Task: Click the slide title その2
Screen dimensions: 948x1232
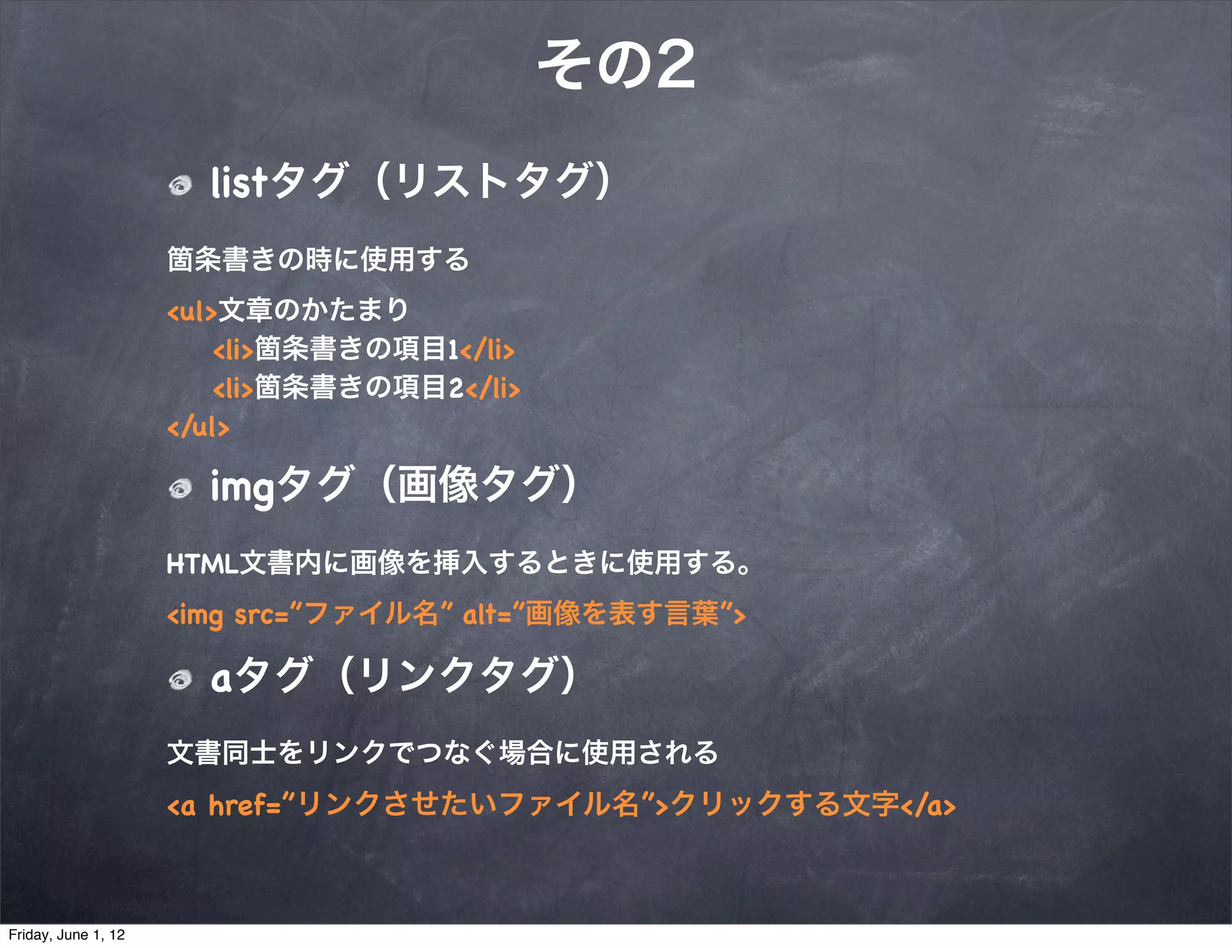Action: point(616,64)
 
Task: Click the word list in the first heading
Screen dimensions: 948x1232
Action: point(238,182)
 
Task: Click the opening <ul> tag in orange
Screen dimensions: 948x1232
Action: point(192,312)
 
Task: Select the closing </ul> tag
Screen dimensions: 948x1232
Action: point(198,427)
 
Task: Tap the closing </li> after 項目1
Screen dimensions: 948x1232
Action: point(487,350)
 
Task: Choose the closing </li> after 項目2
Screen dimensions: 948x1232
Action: point(493,388)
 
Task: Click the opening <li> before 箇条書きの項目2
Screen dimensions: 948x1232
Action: point(233,389)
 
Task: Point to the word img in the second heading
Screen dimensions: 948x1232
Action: point(242,487)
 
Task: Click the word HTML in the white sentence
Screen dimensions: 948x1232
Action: point(202,564)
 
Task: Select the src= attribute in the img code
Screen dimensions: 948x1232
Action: point(261,615)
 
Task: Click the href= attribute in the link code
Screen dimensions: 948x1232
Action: point(244,805)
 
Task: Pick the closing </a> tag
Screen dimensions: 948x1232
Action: point(928,805)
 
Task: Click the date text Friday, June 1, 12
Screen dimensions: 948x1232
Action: point(67,935)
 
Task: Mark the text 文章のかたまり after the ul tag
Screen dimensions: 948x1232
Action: point(313,310)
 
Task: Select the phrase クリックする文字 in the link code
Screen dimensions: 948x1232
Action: point(784,804)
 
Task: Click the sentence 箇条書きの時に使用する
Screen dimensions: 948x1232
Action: point(318,260)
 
